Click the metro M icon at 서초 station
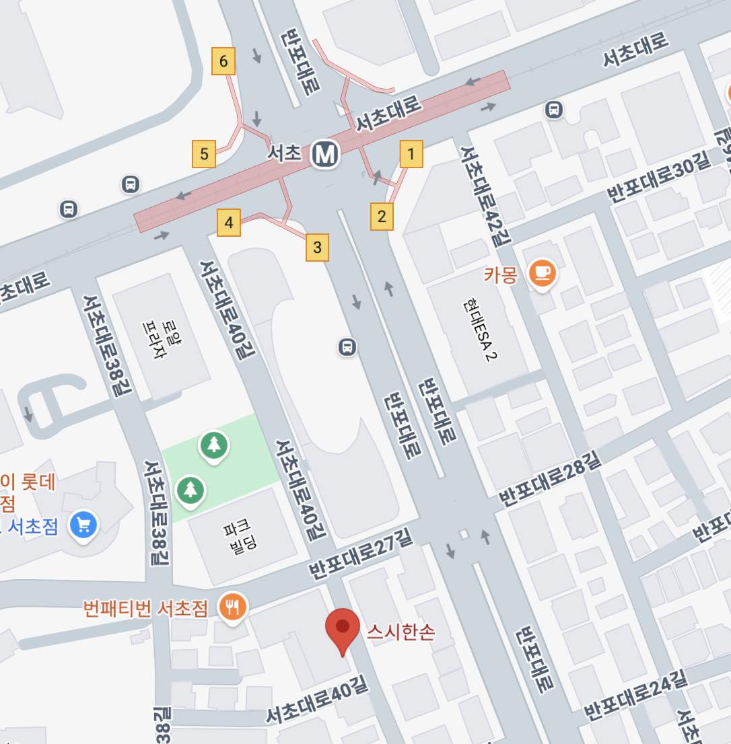click(x=326, y=154)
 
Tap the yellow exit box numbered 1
click(x=411, y=154)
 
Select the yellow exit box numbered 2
click(x=382, y=217)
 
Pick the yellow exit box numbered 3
click(x=317, y=248)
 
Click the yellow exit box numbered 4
click(x=229, y=223)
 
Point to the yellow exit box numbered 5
click(x=204, y=154)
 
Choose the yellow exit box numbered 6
click(x=223, y=62)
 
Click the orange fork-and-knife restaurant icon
click(x=233, y=607)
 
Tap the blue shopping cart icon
click(x=84, y=524)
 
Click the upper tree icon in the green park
click(x=213, y=444)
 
